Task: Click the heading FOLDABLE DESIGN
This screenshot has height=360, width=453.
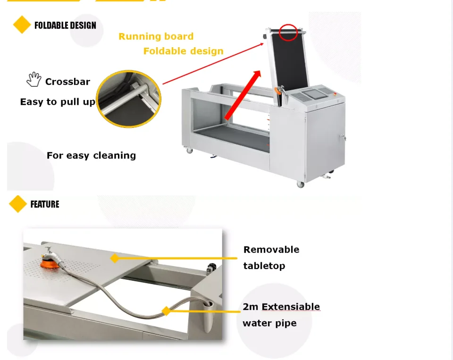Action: click(x=65, y=25)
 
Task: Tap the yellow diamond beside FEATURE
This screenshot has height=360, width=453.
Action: click(x=18, y=204)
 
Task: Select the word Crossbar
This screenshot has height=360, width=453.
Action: click(x=67, y=82)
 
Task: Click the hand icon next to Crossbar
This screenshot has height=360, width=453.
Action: click(x=34, y=79)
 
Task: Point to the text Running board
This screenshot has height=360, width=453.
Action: click(x=156, y=36)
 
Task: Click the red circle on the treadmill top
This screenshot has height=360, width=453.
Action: click(x=288, y=32)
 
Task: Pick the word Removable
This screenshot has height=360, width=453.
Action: click(x=271, y=250)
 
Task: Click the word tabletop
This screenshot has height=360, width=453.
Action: click(x=264, y=266)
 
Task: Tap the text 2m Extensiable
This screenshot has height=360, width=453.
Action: click(x=281, y=307)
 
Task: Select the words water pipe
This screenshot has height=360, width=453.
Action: click(x=269, y=323)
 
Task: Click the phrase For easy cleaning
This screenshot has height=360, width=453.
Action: click(x=91, y=155)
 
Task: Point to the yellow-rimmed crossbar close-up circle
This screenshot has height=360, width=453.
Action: click(x=129, y=98)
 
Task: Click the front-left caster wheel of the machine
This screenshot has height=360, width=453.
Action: click(x=190, y=151)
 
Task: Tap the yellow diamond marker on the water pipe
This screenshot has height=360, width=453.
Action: click(x=166, y=311)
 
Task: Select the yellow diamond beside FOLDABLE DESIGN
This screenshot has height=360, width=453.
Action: click(x=22, y=25)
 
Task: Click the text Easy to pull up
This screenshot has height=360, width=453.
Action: click(x=58, y=102)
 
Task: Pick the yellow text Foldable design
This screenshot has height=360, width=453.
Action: click(x=183, y=51)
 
